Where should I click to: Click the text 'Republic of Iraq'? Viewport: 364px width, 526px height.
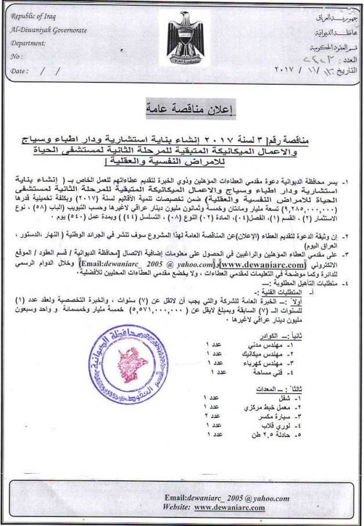click(x=36, y=16)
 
